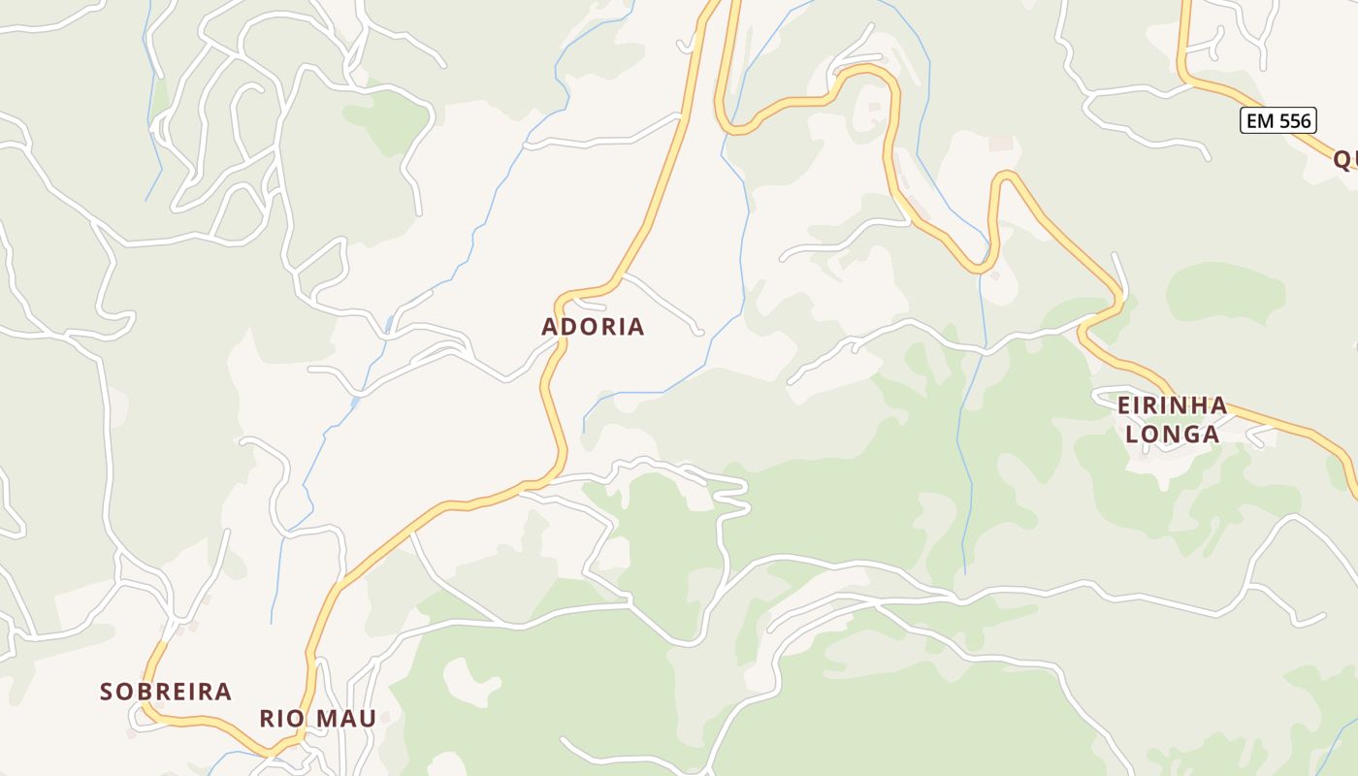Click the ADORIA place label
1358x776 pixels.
593,327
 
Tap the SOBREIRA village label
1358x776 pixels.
166,692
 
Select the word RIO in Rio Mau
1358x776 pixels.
280,719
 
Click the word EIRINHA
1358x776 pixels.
1172,405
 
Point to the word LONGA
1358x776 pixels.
1172,434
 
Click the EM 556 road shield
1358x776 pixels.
1278,120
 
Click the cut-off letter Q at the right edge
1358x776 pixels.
1343,159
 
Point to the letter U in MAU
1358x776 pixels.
367,719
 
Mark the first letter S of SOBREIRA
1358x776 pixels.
107,692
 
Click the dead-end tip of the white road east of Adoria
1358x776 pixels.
698,333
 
